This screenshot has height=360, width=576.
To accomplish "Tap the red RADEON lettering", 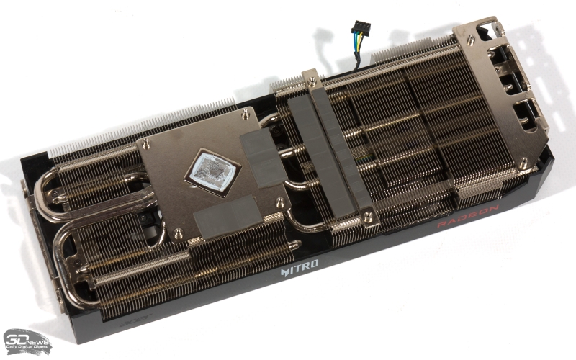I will tap(468, 216).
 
